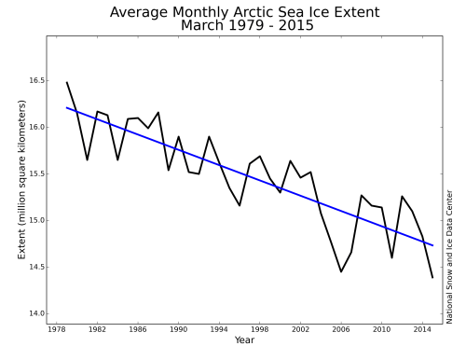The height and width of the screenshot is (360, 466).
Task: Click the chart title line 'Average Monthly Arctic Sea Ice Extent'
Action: [244, 12]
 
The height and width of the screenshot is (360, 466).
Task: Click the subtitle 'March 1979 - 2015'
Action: [244, 25]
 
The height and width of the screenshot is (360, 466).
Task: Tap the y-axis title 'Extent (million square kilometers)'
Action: [21, 177]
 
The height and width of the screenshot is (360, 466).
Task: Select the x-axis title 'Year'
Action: [244, 340]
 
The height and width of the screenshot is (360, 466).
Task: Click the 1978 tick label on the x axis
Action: [57, 329]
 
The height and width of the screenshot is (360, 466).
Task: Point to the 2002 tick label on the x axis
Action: [298, 329]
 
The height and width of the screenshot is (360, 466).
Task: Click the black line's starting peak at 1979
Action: [67, 82]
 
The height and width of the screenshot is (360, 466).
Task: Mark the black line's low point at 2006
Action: [340, 271]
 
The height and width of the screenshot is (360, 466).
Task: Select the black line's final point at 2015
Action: [432, 278]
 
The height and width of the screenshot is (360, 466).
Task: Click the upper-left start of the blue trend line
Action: [67, 107]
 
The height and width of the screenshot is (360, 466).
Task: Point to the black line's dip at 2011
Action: [391, 257]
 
